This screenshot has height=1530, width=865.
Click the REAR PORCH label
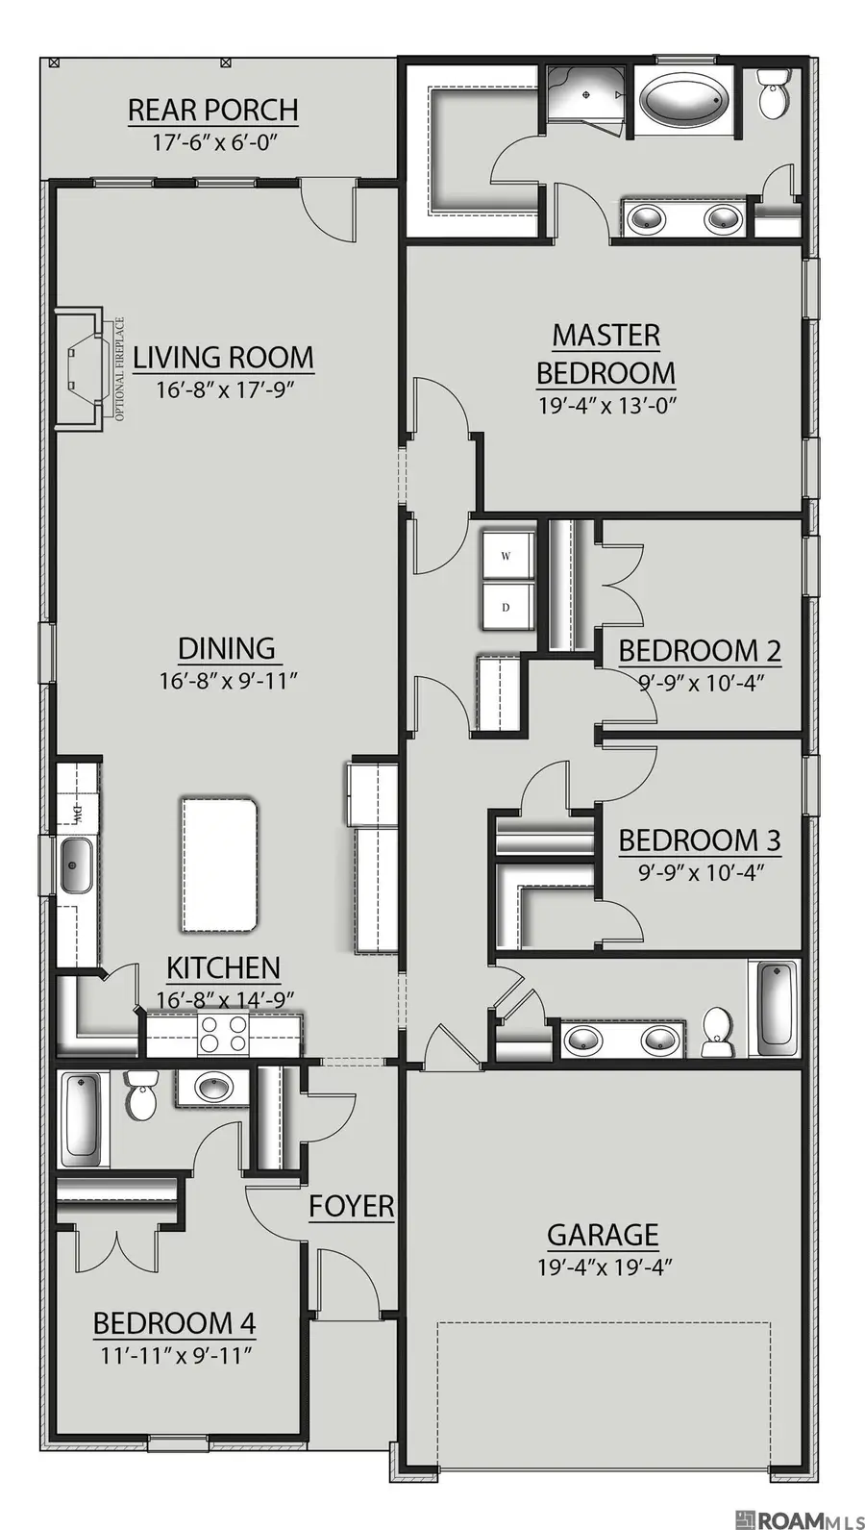click(x=213, y=110)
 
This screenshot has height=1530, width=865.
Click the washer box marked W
click(x=506, y=554)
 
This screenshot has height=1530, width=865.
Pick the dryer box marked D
click(x=506, y=606)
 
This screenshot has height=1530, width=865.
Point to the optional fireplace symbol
click(x=85, y=369)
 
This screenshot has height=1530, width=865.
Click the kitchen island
click(x=219, y=864)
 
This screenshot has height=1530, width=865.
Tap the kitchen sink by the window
click(x=77, y=865)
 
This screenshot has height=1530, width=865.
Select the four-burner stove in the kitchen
click(x=223, y=1034)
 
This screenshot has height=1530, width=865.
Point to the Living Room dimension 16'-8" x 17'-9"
click(x=225, y=389)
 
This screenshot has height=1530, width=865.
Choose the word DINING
click(x=227, y=648)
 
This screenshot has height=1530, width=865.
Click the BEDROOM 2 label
click(x=700, y=651)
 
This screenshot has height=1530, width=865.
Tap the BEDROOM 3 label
click(x=700, y=840)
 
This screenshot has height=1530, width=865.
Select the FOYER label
click(x=352, y=1206)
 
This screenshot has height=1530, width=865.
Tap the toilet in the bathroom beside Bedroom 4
click(x=141, y=1093)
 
